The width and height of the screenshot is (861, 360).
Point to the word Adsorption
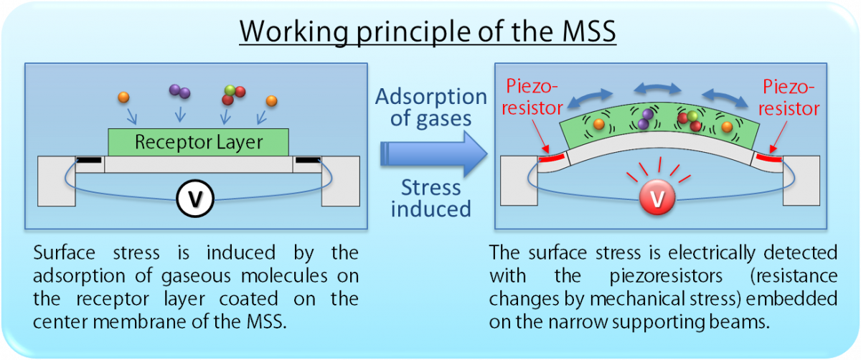[431, 96]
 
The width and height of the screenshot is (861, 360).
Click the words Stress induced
[430, 198]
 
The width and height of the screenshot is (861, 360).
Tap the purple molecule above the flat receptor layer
[179, 91]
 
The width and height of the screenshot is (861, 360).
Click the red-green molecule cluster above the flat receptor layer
[233, 95]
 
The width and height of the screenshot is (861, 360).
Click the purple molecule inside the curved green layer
[646, 119]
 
